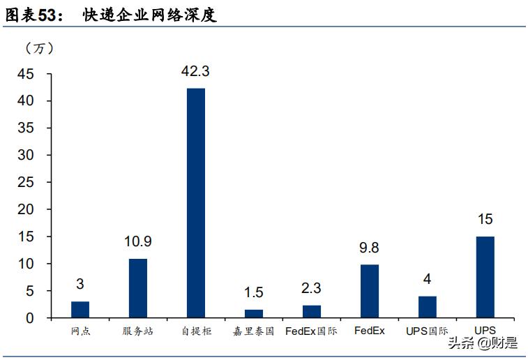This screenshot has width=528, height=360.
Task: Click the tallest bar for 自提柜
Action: point(196,202)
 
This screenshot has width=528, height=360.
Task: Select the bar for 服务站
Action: point(138,288)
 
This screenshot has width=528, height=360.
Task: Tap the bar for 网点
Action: point(80,309)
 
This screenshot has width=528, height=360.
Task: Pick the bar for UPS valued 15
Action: point(485,277)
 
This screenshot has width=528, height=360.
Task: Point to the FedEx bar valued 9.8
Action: point(369,291)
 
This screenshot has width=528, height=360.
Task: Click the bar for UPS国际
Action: point(427,307)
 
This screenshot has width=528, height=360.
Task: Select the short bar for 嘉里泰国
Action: point(254,313)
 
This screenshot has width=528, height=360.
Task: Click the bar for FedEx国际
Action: point(312,311)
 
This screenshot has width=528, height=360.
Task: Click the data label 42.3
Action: point(196,71)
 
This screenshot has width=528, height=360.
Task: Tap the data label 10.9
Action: point(138,242)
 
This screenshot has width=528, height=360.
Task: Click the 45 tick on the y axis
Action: point(33,74)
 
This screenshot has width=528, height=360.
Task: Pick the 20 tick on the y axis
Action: point(33,209)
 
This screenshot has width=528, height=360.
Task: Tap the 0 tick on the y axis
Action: point(38,318)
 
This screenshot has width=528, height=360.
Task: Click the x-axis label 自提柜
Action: point(196,331)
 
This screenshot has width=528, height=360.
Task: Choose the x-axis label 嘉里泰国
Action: point(254,331)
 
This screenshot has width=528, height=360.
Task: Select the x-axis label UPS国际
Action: point(427,331)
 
